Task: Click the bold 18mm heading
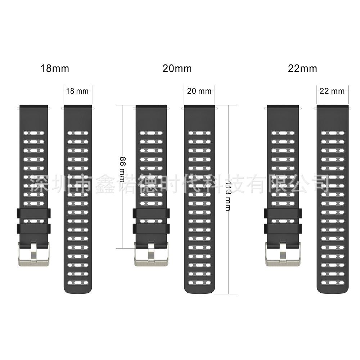[55, 68]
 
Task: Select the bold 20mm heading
[177, 68]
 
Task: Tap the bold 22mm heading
[302, 68]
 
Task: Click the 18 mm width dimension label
[77, 91]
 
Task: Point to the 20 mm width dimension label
[199, 91]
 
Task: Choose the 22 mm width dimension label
[332, 91]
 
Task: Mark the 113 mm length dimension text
[228, 195]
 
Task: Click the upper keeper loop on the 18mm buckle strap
[34, 213]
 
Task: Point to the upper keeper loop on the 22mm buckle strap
[283, 213]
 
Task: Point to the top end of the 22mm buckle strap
[283, 107]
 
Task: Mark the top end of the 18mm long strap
[78, 107]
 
